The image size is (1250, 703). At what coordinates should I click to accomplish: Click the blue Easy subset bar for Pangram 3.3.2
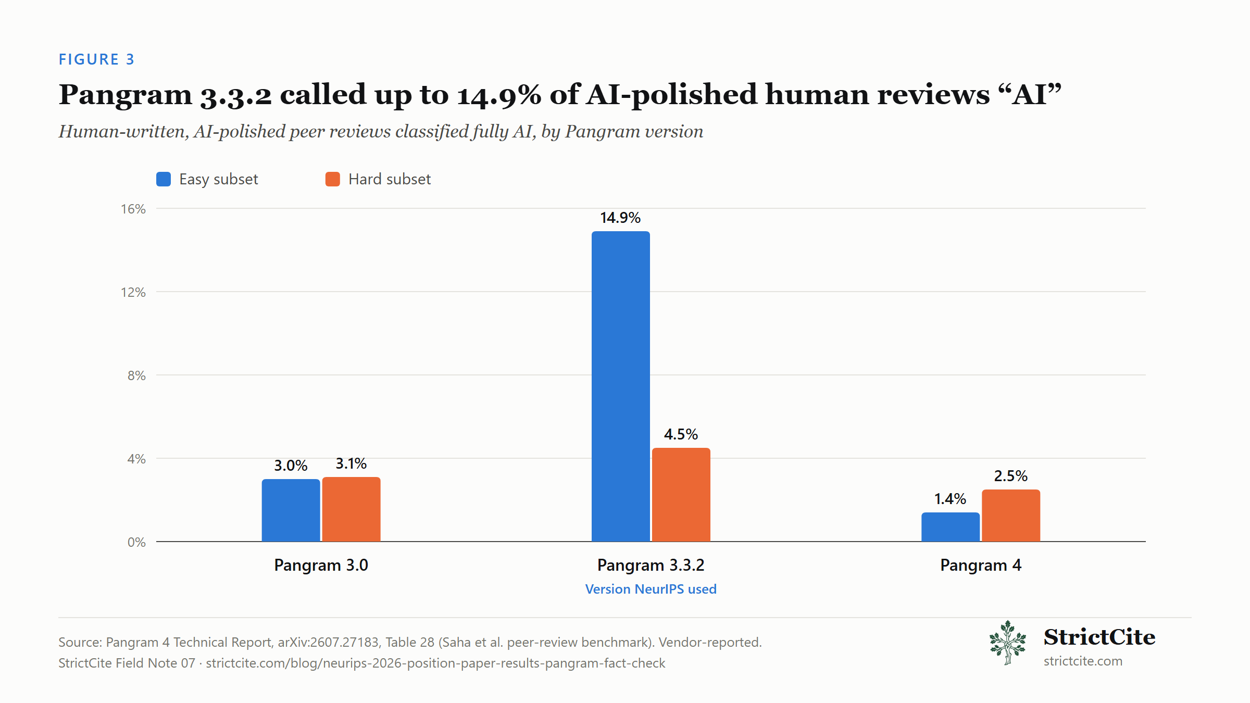pos(620,386)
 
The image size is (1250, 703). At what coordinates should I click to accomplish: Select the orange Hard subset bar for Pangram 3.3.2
pos(681,495)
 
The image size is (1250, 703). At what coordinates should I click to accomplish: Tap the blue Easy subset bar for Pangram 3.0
pos(291,510)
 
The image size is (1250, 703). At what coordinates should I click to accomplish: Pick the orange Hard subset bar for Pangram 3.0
pos(351,509)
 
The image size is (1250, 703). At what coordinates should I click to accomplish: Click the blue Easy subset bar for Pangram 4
pos(951,527)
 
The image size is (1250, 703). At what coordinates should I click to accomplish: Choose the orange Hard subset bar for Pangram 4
pos(1011,516)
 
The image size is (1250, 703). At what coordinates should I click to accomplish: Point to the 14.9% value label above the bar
pos(620,218)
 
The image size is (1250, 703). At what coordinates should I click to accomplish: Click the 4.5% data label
pos(681,434)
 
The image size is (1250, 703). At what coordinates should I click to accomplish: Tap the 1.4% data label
pos(951,499)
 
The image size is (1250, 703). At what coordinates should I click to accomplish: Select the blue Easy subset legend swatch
pos(164,179)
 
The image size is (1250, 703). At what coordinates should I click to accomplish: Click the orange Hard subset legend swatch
pos(333,179)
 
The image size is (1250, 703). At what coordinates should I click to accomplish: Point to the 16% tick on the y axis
pos(133,209)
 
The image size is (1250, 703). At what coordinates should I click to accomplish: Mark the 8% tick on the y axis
pos(136,375)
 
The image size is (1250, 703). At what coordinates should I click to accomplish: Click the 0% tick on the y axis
pos(136,542)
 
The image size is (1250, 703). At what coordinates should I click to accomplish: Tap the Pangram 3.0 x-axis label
pos(321,565)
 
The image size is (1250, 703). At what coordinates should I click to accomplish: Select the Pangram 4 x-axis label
pos(981,565)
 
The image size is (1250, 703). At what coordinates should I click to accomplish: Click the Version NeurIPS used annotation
pos(651,589)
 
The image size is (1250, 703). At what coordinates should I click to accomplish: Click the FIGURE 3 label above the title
pos(96,59)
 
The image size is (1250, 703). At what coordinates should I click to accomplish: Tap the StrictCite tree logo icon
pos(1008,643)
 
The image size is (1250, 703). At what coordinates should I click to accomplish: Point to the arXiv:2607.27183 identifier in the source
pos(328,642)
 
